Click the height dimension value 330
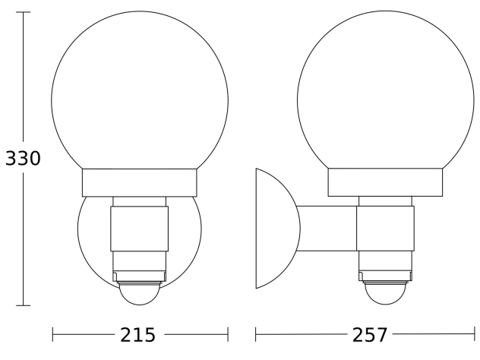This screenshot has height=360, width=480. (x=23, y=158)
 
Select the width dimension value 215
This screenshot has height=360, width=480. (x=137, y=335)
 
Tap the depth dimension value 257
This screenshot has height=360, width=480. (x=370, y=335)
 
